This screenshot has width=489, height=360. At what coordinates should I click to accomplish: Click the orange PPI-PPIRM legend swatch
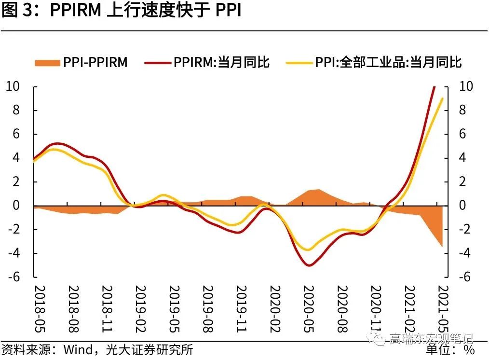[x=47, y=62]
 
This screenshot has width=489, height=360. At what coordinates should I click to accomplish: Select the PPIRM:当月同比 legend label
[x=221, y=62]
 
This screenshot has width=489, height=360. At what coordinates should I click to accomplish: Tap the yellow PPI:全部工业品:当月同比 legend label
[x=388, y=62]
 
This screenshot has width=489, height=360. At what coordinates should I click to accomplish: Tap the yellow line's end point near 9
[x=442, y=98]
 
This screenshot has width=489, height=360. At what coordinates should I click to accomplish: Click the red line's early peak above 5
[x=57, y=143]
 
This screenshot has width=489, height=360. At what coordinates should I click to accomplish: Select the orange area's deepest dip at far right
[x=442, y=247]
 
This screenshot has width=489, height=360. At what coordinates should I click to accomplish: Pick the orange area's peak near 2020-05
[x=318, y=190]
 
